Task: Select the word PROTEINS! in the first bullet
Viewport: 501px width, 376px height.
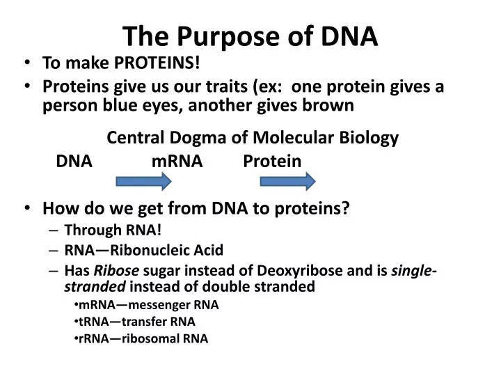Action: click(157, 64)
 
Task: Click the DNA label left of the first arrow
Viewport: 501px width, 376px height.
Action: click(74, 162)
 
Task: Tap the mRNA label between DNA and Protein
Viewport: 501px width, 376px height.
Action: click(177, 162)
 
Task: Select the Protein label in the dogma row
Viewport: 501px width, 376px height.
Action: click(272, 162)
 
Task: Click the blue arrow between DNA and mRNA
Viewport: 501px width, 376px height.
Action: click(143, 182)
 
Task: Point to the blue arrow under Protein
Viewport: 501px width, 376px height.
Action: click(287, 182)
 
